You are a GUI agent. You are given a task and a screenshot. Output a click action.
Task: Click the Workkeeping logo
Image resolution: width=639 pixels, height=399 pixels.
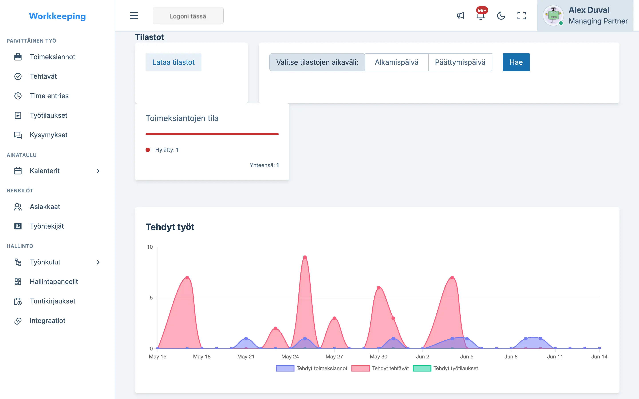pos(57,16)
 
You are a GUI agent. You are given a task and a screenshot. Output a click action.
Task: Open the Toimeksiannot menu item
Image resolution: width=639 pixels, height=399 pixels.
pos(53,57)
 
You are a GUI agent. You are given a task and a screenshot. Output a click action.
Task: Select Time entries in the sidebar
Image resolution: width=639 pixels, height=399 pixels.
pos(49,96)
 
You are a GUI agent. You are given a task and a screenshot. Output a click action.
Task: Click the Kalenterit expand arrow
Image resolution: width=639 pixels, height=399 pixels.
pos(98,171)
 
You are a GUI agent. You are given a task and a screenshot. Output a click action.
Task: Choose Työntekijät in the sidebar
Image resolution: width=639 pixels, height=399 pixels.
pos(47,226)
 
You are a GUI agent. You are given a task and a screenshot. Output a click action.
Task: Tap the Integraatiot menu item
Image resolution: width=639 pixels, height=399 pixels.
pos(47,321)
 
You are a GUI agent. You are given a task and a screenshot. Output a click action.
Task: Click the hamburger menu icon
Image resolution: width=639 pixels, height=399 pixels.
pos(134,15)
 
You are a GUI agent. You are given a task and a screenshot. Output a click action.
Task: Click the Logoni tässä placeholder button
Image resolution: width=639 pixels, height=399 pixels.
pos(188,16)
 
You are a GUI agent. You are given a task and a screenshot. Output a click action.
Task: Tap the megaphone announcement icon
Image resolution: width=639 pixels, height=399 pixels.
pos(461,16)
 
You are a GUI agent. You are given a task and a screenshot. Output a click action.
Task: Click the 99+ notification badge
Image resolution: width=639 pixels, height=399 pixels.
pos(482,10)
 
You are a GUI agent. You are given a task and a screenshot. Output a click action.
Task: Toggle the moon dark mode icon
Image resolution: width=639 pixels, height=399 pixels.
pos(501,16)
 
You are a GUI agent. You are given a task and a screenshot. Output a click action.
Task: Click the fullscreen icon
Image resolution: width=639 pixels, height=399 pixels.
pos(521,16)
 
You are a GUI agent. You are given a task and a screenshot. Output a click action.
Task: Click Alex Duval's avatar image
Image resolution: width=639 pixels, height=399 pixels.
pos(553,15)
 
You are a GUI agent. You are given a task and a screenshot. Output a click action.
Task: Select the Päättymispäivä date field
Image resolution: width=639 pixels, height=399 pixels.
pos(460,62)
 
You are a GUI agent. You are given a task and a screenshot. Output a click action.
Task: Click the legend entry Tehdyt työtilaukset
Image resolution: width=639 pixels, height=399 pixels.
pos(446,368)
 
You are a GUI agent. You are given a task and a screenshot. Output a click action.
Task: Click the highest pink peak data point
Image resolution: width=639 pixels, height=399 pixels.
pos(305,257)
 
